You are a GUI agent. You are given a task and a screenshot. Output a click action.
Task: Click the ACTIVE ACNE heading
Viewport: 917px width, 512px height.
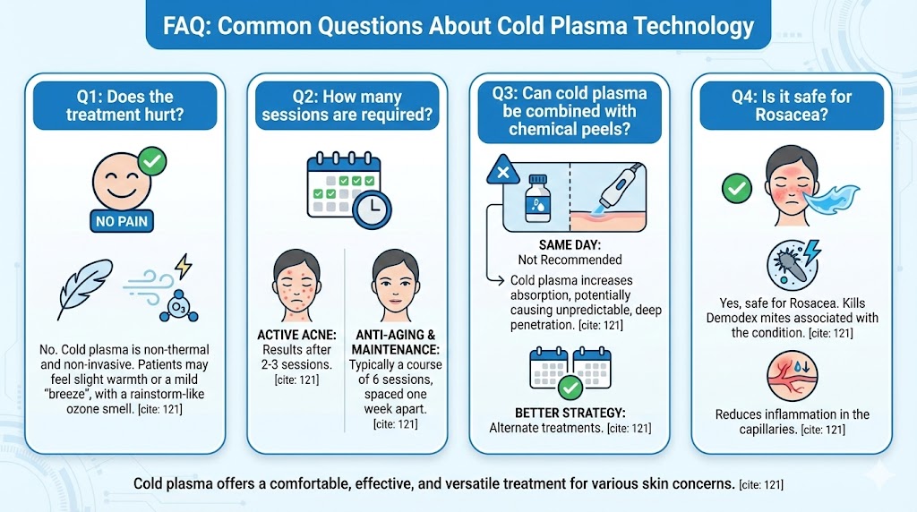click(296, 335)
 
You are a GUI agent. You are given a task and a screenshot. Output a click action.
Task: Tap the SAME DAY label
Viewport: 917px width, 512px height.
click(570, 245)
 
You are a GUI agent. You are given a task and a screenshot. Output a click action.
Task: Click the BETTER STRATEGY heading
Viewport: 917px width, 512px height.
click(569, 414)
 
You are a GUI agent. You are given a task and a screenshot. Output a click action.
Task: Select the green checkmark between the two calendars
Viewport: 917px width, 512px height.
click(570, 388)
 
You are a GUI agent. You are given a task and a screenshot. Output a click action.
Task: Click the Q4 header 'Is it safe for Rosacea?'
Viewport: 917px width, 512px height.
click(791, 106)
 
